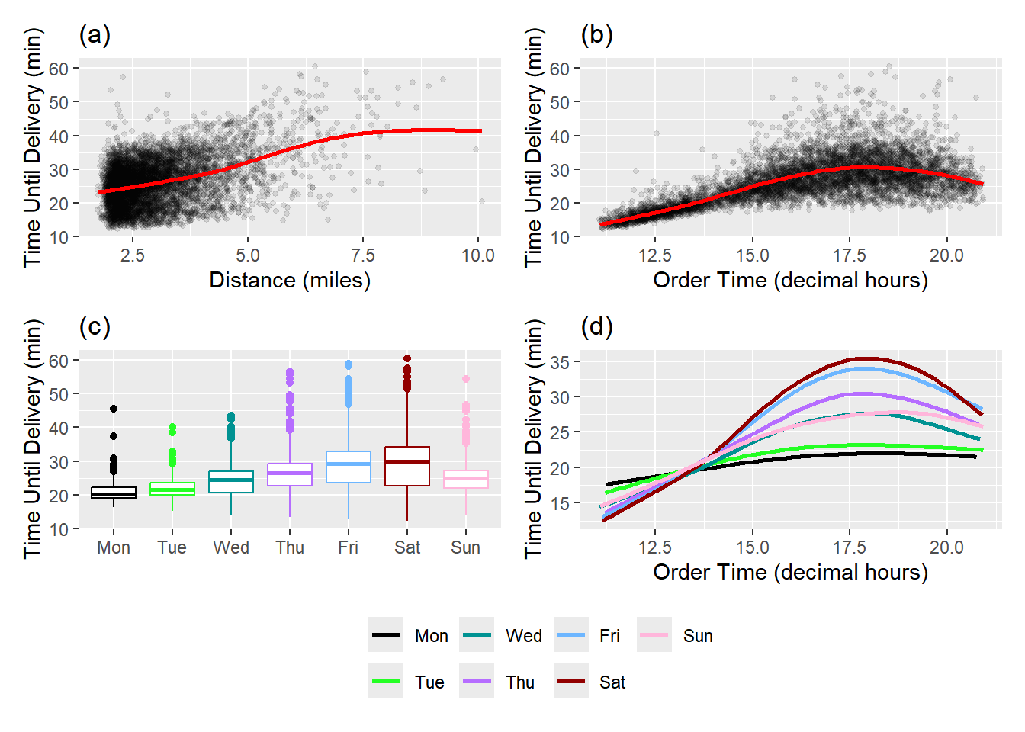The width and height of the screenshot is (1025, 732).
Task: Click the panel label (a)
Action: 95,35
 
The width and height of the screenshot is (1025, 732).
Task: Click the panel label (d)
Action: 596,327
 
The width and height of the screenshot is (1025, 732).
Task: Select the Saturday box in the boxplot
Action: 407,466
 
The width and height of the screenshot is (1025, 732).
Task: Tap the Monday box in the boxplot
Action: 114,493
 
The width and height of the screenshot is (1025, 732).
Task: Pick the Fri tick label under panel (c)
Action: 349,547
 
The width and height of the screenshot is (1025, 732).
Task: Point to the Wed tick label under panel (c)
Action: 231,547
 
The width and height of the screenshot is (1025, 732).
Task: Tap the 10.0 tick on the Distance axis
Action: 478,255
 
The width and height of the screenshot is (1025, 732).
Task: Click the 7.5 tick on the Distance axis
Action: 363,255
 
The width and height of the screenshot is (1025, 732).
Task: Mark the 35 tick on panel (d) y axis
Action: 560,362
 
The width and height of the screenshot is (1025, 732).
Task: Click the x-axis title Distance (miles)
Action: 290,281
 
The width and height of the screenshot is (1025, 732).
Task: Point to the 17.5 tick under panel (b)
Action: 850,255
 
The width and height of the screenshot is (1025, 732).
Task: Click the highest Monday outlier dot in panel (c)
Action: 114,409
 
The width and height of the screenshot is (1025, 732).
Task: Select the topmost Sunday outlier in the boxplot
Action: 466,379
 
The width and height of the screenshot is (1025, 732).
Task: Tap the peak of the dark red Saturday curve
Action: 866,358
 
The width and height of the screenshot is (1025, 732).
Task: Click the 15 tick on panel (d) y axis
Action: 560,503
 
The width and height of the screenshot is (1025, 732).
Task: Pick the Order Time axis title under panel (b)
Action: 790,281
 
